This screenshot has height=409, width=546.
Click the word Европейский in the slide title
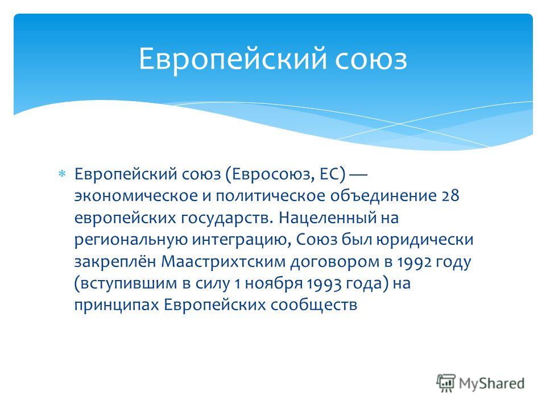233,59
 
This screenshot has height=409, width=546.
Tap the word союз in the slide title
371,59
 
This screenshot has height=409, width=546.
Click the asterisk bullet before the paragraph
62,173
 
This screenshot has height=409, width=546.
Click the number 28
450,196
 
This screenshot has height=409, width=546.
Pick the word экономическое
136,196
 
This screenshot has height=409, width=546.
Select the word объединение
383,195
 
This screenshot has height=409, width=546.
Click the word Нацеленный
328,218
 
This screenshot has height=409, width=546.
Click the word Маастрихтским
223,262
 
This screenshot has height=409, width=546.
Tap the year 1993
324,284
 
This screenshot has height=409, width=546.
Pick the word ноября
274,284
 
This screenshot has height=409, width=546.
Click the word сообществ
314,305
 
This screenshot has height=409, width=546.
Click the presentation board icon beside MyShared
446,383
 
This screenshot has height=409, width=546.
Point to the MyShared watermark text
491,383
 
